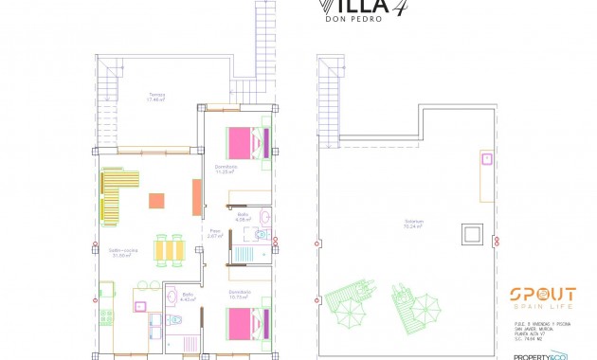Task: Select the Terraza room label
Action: (x=156, y=97)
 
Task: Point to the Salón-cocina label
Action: (x=123, y=252)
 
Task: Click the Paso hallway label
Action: (x=215, y=234)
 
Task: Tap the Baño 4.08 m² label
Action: (x=243, y=219)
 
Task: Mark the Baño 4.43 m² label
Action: (x=188, y=297)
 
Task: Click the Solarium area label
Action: (x=413, y=225)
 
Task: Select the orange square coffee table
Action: (x=156, y=200)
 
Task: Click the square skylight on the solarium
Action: (x=471, y=234)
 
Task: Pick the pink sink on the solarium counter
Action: (x=486, y=159)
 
